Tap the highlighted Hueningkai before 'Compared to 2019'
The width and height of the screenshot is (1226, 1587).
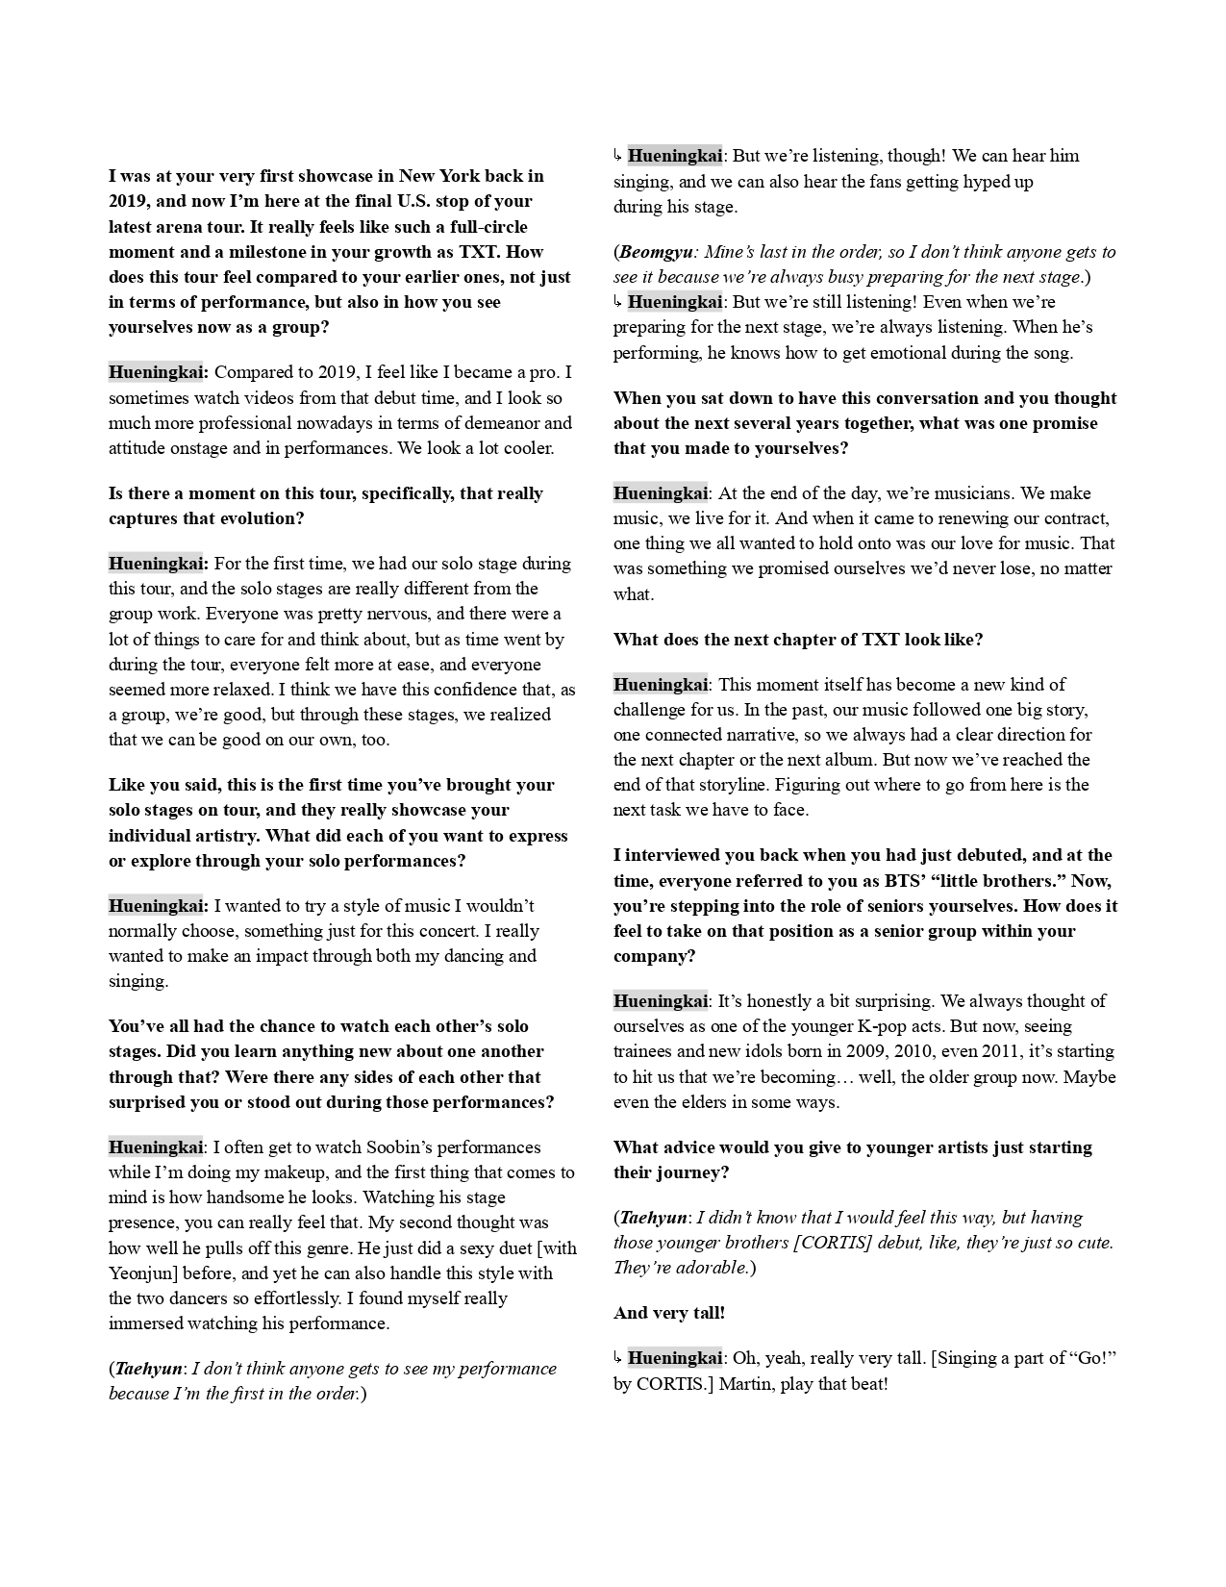click(158, 372)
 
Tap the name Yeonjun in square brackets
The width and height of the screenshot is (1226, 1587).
click(145, 1272)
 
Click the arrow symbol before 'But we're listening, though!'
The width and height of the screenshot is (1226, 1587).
click(618, 156)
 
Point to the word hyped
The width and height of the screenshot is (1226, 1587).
click(976, 181)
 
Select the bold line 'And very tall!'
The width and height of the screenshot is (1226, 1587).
click(669, 1313)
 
